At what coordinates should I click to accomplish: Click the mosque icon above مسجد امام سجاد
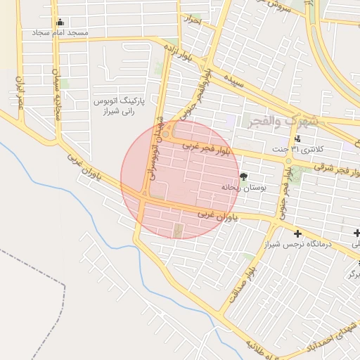[x=59, y=22]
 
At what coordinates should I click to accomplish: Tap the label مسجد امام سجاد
[x=59, y=33]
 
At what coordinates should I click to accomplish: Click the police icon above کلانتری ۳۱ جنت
[x=297, y=139]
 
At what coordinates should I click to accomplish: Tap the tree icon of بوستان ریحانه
[x=243, y=176]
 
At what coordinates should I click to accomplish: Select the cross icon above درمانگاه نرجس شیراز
[x=297, y=233]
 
